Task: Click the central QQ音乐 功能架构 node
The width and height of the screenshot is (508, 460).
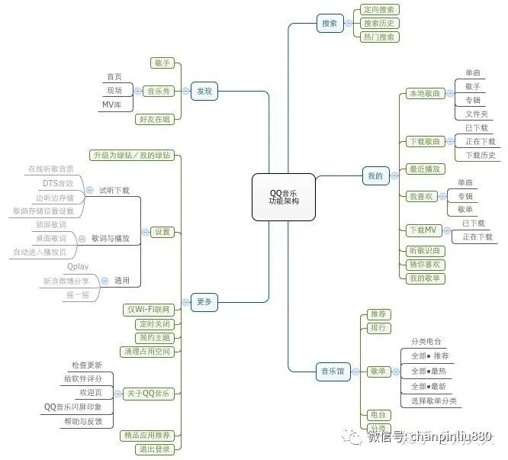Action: click(283, 197)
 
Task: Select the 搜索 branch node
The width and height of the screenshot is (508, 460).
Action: click(331, 23)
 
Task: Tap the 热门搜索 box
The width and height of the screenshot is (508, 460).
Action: click(379, 37)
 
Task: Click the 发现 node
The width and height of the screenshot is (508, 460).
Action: click(204, 91)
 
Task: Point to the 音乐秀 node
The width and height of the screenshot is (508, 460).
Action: click(159, 91)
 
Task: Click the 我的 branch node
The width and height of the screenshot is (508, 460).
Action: click(375, 175)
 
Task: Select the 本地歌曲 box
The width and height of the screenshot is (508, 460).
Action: click(424, 93)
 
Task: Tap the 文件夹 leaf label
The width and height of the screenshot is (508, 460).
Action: click(476, 114)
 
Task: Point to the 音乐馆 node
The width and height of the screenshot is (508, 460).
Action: click(330, 372)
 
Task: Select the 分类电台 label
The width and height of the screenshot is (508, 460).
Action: click(426, 342)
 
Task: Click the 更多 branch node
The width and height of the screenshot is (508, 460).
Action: click(204, 301)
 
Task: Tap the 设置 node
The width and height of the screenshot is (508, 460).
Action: click(162, 231)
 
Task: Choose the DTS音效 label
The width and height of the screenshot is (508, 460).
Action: click(58, 183)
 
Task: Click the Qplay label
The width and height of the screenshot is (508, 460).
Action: click(77, 267)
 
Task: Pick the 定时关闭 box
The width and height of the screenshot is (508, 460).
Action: click(154, 323)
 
